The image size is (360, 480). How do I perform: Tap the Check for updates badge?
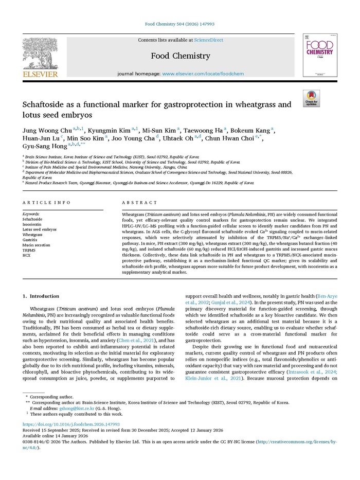tap(311, 98)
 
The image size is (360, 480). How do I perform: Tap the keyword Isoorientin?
tap(32, 224)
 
